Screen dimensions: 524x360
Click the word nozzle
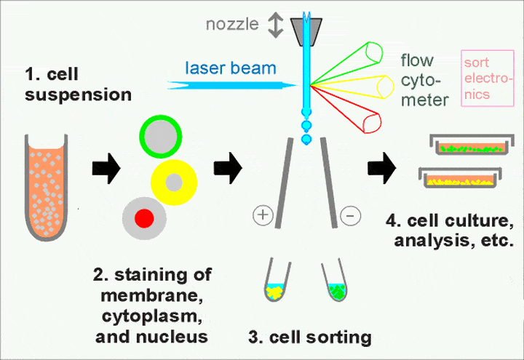[232, 24]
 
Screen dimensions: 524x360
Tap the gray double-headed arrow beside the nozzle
[276, 25]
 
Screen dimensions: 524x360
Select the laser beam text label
[231, 68]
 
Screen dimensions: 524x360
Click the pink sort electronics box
[488, 79]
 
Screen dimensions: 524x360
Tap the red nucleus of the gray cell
[144, 218]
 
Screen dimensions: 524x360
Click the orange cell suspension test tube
[46, 187]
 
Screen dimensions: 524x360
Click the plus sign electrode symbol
[263, 215]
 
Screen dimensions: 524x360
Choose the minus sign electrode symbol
[350, 215]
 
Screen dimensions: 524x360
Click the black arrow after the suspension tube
[106, 168]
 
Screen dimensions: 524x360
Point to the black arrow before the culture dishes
[382, 168]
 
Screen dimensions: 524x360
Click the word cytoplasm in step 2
[152, 316]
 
